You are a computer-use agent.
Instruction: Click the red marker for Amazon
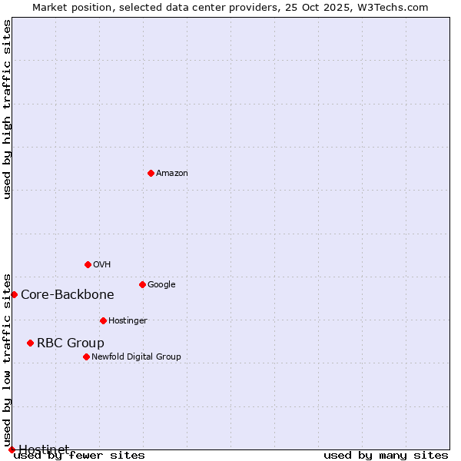pyautogui.click(x=151, y=173)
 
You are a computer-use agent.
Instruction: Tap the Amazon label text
pyautogui.click(x=172, y=174)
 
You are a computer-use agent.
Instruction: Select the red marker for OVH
pyautogui.click(x=88, y=264)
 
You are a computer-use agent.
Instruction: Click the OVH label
pyautogui.click(x=102, y=265)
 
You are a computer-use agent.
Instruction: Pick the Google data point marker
pyautogui.click(x=142, y=284)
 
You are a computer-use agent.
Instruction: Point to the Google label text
pyautogui.click(x=161, y=285)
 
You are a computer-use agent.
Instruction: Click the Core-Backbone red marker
pyautogui.click(x=14, y=294)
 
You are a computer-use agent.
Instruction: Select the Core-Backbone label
pyautogui.click(x=68, y=295)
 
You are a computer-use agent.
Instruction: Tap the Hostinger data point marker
pyautogui.click(x=103, y=320)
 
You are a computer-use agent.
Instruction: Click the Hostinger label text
pyautogui.click(x=128, y=321)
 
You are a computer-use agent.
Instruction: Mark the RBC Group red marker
pyautogui.click(x=30, y=343)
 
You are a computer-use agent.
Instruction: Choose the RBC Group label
pyautogui.click(x=71, y=343)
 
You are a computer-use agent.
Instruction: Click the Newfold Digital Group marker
pyautogui.click(x=86, y=357)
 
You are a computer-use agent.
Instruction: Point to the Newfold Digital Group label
pyautogui.click(x=136, y=357)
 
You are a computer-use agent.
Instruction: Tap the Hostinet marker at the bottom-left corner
pyautogui.click(x=12, y=449)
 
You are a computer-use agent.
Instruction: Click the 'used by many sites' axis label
pyautogui.click(x=386, y=456)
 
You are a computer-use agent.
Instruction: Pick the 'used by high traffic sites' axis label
pyautogui.click(x=8, y=109)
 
